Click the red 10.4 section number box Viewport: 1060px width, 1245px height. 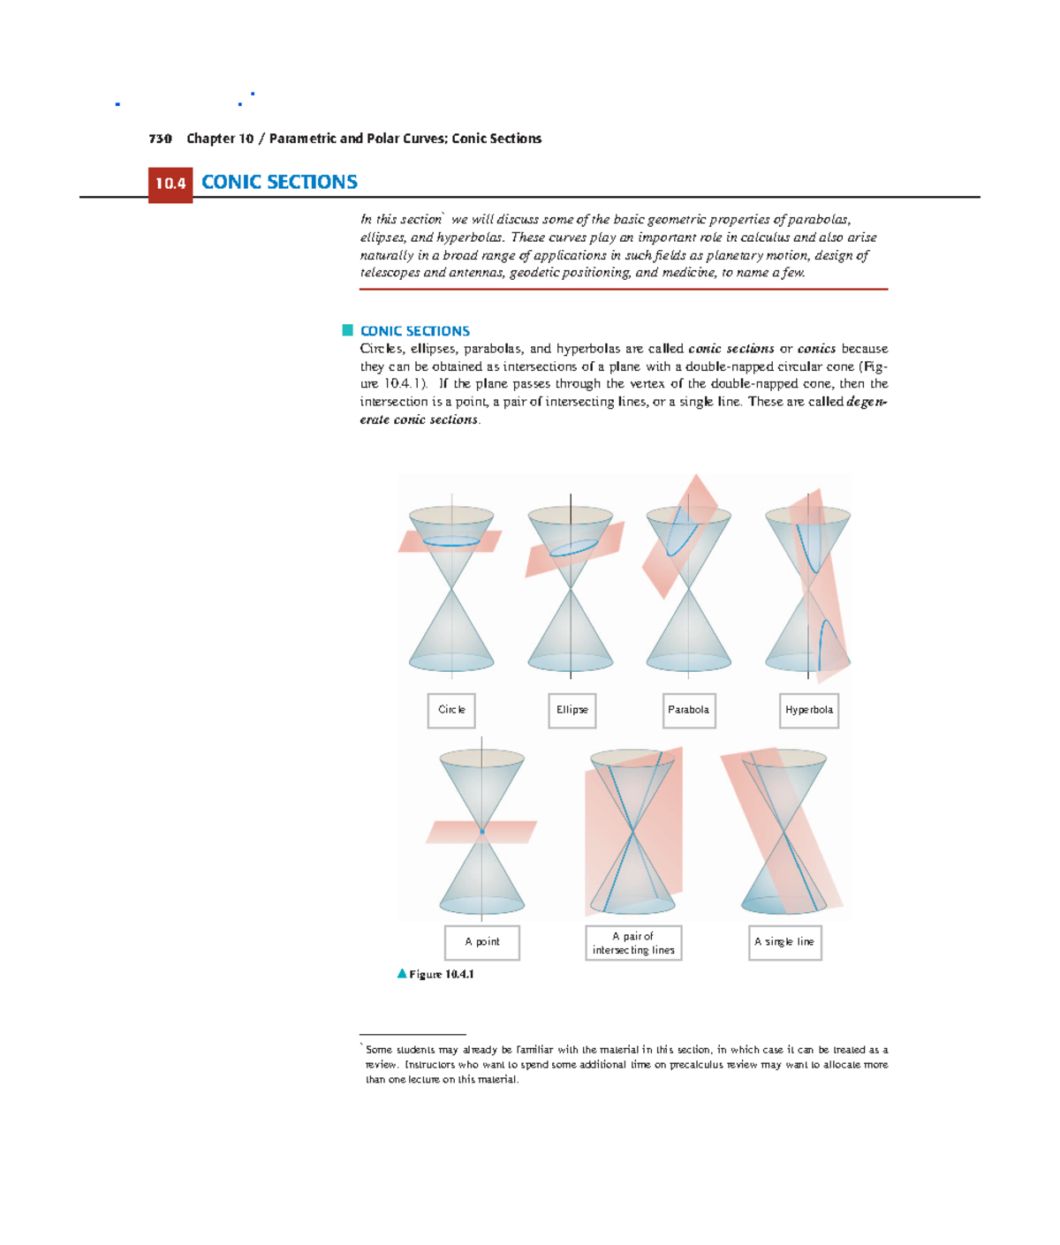pos(170,184)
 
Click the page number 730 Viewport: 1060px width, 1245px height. pos(160,139)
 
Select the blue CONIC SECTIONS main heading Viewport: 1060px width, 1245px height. pos(279,182)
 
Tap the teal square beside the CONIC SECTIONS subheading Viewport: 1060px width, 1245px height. pos(348,330)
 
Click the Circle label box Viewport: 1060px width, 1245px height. pos(451,710)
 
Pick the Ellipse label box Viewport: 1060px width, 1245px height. pos(572,710)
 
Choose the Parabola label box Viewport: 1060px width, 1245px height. pos(688,710)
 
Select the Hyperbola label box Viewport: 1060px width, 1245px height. pos(808,710)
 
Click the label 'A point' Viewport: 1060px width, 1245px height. pos(481,942)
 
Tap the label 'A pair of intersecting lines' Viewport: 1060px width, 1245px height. pos(633,943)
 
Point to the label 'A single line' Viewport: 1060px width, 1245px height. pos(784,942)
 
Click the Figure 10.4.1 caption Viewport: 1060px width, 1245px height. pos(442,974)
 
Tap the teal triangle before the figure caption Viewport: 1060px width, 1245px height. pos(402,974)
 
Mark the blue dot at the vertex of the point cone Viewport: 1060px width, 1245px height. pos(481,831)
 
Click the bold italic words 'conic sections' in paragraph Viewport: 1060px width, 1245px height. pos(731,349)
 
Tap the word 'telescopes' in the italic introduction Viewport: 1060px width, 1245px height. pos(390,273)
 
